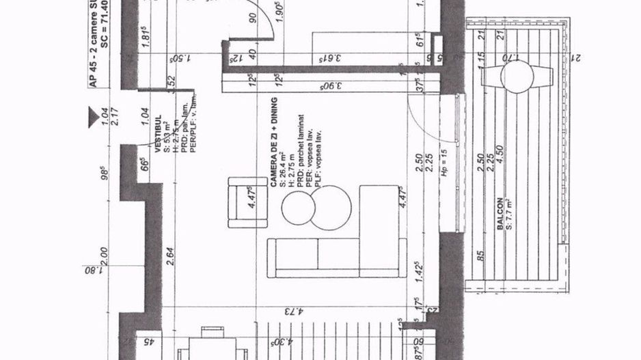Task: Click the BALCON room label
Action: pos(500,213)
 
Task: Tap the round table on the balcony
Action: pos(516,77)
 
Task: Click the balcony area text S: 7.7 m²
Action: pos(509,213)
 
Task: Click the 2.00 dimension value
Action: pos(105,256)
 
